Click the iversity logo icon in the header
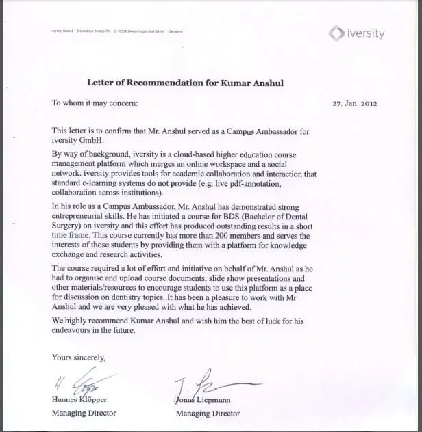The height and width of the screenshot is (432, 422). tap(334, 33)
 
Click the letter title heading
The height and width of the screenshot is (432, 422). tap(186, 83)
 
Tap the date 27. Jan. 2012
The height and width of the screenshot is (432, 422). tap(354, 104)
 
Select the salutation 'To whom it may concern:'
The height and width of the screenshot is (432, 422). tap(95, 103)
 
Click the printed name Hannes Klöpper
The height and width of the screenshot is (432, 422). tap(81, 401)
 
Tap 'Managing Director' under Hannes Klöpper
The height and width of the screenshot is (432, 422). tap(84, 413)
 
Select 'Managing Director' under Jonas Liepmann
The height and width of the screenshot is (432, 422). tap(208, 413)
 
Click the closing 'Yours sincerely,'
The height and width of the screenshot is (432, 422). tap(79, 357)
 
